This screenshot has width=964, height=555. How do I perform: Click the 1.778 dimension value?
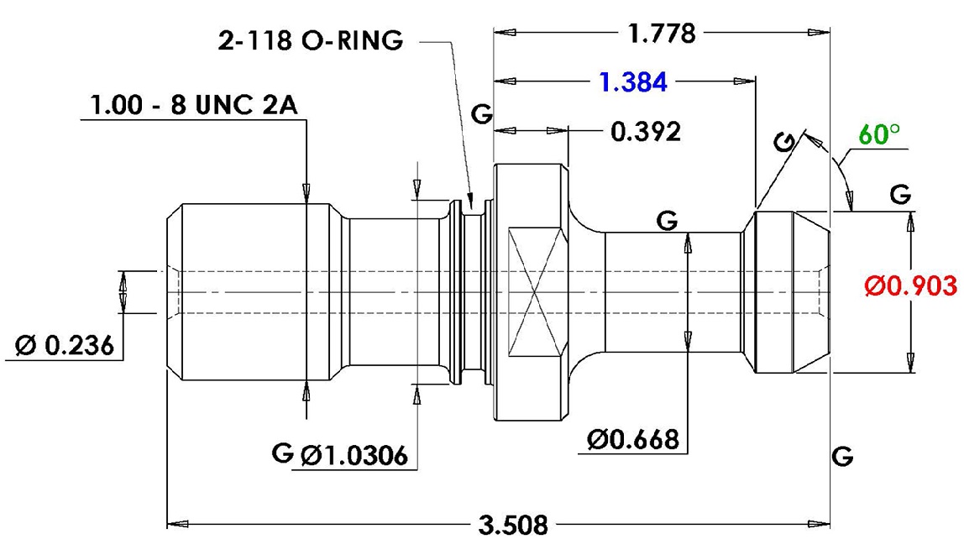[x=662, y=33]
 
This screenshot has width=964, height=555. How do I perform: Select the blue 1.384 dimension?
[x=633, y=81]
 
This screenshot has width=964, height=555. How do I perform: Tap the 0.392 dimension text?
[x=646, y=132]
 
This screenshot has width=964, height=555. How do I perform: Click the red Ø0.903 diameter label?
[x=911, y=285]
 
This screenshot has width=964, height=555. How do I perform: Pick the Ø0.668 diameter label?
[x=633, y=439]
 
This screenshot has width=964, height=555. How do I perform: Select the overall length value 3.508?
[x=513, y=526]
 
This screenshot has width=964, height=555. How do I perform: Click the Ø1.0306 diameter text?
[x=354, y=455]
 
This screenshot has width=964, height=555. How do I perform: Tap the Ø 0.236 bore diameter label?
[x=65, y=345]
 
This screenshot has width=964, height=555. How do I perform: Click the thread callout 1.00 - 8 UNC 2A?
[x=194, y=105]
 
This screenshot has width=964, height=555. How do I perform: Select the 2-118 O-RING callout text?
[x=311, y=40]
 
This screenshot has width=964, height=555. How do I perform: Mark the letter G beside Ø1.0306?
[x=283, y=453]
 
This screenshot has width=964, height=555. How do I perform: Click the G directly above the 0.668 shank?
[x=667, y=220]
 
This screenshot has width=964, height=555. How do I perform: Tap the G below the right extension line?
[x=842, y=456]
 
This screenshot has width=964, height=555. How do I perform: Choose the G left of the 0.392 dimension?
[x=482, y=113]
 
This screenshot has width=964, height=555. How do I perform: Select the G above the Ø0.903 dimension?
[x=901, y=195]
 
